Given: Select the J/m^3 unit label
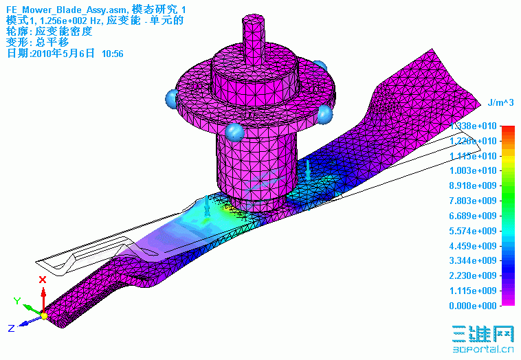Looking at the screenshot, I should click(501, 103).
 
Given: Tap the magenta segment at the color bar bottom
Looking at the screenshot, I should click(508, 301).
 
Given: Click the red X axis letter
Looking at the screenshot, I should click(43, 280).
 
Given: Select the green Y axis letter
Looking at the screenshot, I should click(17, 301).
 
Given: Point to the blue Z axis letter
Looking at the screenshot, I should click(12, 328).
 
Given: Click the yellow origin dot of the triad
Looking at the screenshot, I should click(44, 315).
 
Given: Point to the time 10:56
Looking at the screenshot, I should click(112, 53).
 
